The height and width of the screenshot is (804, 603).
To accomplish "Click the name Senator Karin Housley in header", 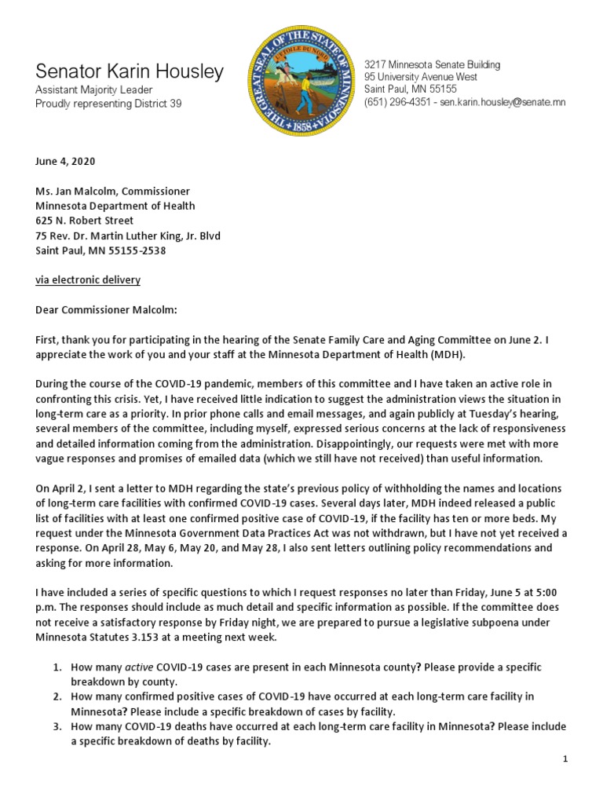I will coord(130,71).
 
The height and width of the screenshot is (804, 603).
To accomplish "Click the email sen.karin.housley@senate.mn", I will coord(502,102).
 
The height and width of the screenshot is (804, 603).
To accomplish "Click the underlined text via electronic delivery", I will coord(88,280).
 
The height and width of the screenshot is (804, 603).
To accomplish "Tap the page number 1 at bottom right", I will coord(565,759).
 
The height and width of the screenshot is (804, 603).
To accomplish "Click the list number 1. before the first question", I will coord(57,667).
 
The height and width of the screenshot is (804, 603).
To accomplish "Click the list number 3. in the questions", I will coord(57,726).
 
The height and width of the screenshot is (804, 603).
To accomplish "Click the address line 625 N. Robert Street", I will coord(84,221).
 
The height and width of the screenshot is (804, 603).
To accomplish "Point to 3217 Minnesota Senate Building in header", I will coord(432,64).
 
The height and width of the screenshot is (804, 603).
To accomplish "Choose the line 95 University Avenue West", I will coord(421,77).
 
